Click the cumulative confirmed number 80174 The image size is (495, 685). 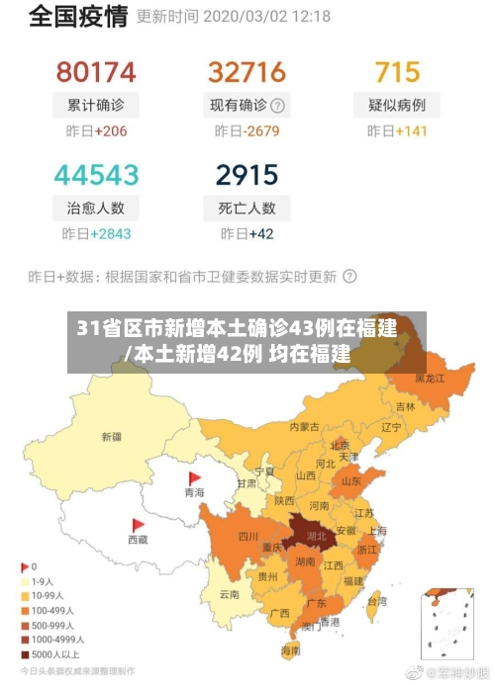point(96,72)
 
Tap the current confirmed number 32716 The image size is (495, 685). point(247,72)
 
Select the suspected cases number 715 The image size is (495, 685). point(397,72)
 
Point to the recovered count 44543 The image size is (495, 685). point(96,175)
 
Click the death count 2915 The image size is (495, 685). point(247,175)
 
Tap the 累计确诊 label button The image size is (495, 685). point(96,105)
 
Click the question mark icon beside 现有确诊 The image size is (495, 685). point(278,106)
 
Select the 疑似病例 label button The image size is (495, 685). point(397,105)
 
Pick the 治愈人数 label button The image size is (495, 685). point(96,208)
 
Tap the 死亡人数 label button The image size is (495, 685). point(247,208)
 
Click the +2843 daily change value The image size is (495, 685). point(110,234)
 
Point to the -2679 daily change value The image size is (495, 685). point(262,131)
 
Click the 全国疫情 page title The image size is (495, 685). point(78,17)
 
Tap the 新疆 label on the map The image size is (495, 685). point(111,436)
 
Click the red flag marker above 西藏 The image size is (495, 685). point(137,525)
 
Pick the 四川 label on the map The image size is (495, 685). point(247,537)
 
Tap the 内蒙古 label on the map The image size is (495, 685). point(304,427)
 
